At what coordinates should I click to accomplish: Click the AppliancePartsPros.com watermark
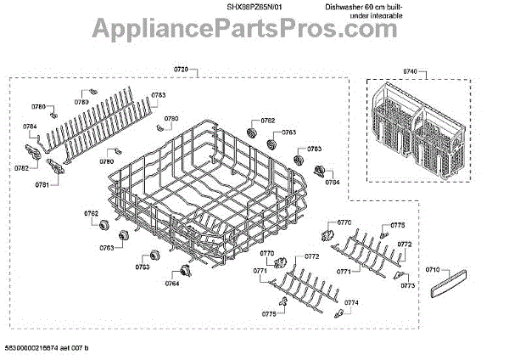click(254, 29)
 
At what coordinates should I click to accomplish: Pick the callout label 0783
click(159, 94)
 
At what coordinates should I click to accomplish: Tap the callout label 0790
click(171, 119)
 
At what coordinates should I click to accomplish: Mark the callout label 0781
click(42, 183)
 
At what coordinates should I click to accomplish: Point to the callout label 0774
click(351, 302)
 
